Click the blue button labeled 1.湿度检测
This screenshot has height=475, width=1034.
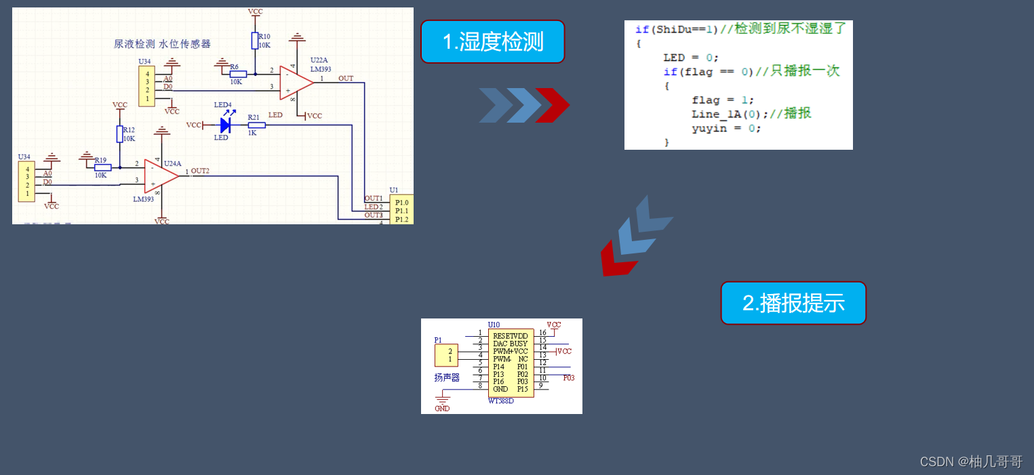(492, 42)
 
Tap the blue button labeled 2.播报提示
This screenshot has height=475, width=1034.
(793, 303)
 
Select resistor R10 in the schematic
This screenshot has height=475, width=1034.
(255, 41)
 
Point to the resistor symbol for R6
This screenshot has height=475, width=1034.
(238, 74)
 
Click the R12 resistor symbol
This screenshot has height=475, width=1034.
(120, 134)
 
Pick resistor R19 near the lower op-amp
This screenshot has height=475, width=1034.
(102, 167)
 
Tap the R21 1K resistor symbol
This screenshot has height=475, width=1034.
(256, 125)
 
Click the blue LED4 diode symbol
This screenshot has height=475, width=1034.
(225, 125)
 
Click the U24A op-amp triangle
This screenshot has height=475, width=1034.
(161, 175)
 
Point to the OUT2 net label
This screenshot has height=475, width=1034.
(200, 171)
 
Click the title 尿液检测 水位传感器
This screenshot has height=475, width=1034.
(162, 44)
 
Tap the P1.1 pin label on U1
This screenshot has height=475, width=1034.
(402, 211)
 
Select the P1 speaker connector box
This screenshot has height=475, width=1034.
(446, 355)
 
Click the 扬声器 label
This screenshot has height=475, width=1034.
(447, 377)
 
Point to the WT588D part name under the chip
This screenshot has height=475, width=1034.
(501, 400)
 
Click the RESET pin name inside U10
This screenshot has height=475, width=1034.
(502, 336)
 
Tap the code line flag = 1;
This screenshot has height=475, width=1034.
(723, 100)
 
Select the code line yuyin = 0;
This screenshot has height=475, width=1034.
(726, 128)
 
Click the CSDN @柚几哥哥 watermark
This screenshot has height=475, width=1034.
(971, 461)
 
